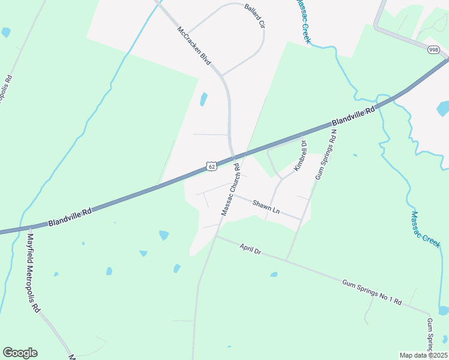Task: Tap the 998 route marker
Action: [x=433, y=50]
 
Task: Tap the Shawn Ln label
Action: [x=266, y=207]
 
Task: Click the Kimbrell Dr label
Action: [x=300, y=155]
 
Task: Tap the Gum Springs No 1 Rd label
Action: [x=371, y=292]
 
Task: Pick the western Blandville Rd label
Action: [x=70, y=218]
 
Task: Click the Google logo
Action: [x=20, y=353]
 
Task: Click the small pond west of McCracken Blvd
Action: [x=203, y=99]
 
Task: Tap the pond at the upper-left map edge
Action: [x=5, y=32]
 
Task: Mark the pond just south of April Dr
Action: [x=274, y=275]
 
